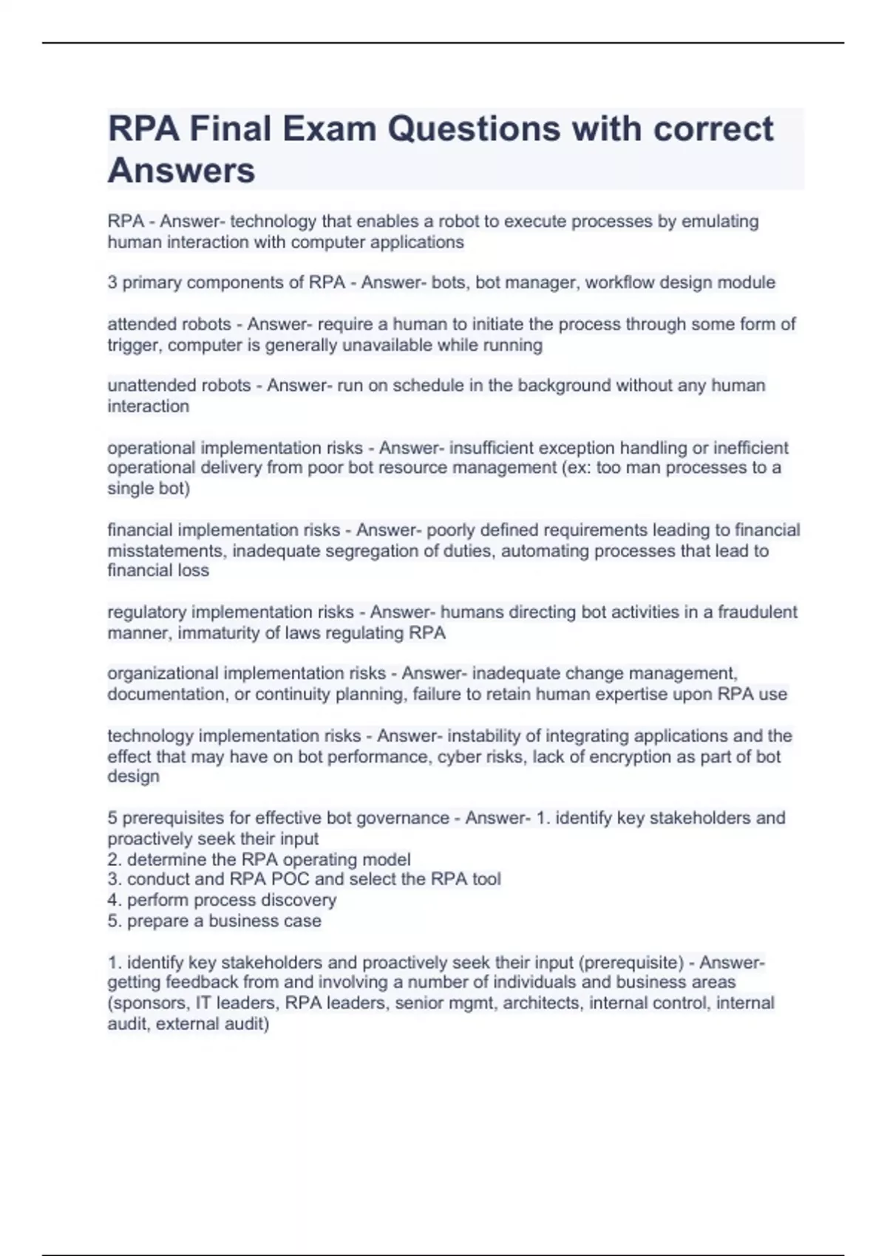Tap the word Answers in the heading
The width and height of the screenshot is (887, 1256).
(x=181, y=170)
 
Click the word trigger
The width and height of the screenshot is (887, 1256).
(x=134, y=345)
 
